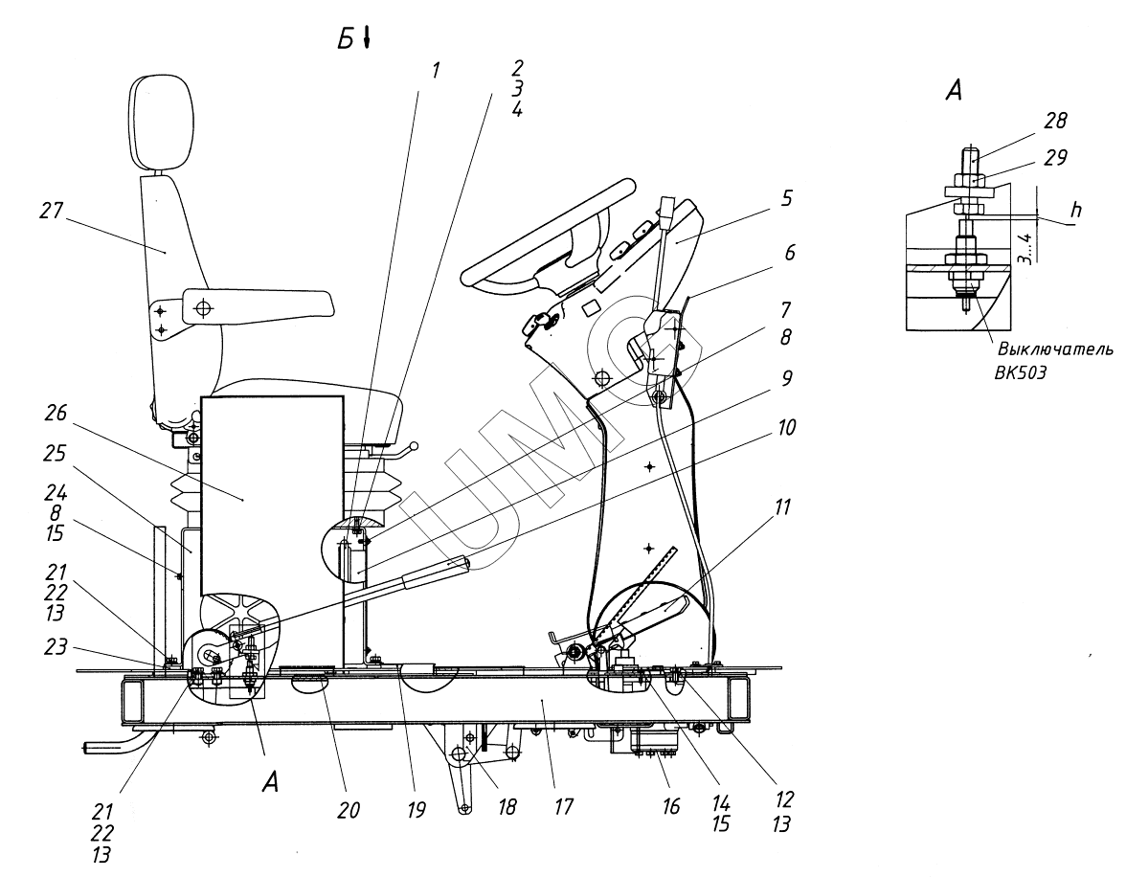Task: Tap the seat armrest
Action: click(258, 304)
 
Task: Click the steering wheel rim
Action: click(546, 230)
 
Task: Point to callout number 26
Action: click(56, 414)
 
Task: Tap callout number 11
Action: click(782, 507)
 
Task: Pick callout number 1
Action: click(435, 71)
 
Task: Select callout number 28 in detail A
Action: click(1055, 121)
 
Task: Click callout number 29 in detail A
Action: click(1055, 157)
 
